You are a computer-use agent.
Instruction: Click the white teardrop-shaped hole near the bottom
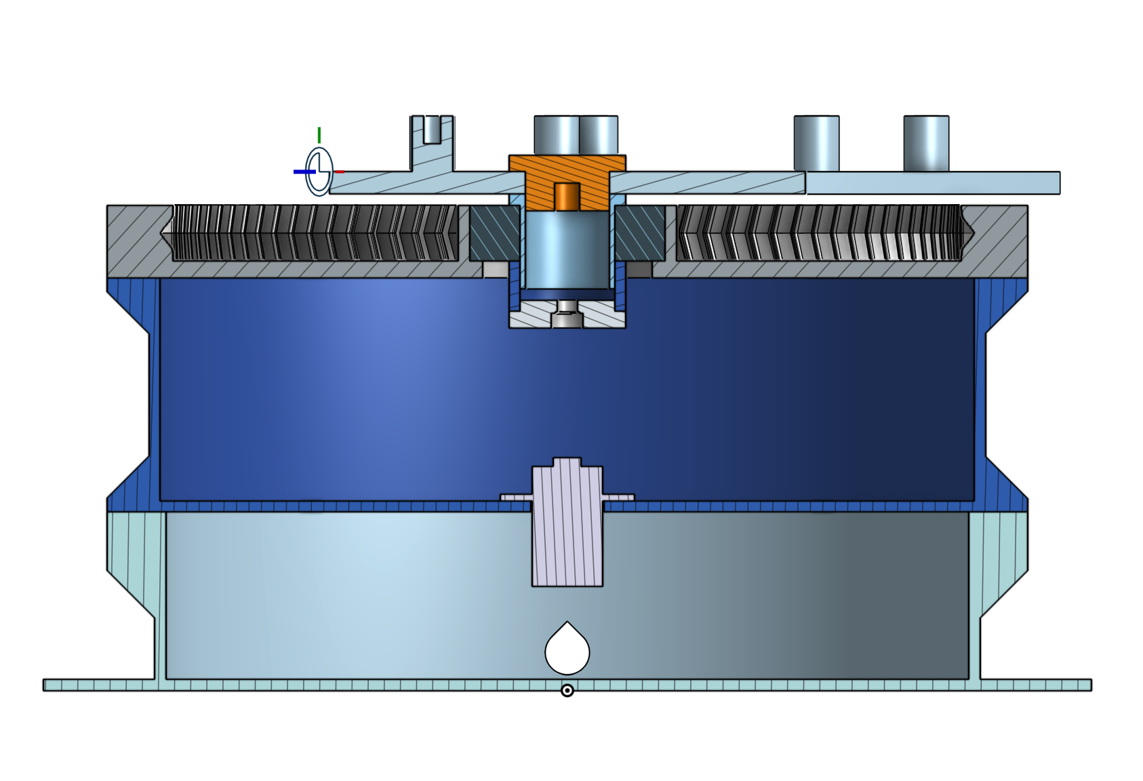tap(567, 651)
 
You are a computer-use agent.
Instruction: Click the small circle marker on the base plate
tap(567, 691)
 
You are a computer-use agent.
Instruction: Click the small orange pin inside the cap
tap(567, 197)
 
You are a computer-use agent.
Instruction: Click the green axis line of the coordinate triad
tap(319, 136)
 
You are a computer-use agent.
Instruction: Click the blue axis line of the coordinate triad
tap(303, 172)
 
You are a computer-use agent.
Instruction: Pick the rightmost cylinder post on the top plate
tap(926, 144)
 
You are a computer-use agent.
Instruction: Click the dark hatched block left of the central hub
tap(494, 233)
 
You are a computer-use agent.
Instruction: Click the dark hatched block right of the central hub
tap(639, 233)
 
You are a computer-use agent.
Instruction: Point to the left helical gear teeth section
tap(315, 233)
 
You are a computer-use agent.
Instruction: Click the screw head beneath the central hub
tap(567, 319)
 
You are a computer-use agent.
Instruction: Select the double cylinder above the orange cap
tap(576, 135)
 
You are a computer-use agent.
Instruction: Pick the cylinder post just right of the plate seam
tap(816, 144)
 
